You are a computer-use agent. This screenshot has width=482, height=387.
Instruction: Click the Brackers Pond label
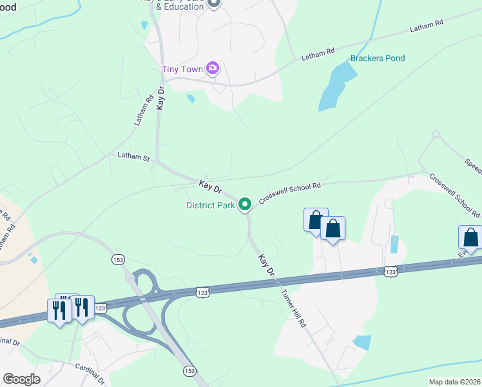[378, 58]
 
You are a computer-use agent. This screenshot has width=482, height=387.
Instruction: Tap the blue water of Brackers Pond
[335, 87]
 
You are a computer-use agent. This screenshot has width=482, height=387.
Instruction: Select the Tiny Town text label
[182, 69]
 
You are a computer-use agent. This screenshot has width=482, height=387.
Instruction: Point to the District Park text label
[209, 206]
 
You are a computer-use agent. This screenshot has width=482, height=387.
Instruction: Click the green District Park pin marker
[245, 204]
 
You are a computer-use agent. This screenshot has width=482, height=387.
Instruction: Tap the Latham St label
[133, 155]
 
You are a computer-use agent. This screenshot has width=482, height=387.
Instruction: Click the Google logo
[21, 379]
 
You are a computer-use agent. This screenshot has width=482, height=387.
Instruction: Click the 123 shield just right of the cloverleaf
[202, 293]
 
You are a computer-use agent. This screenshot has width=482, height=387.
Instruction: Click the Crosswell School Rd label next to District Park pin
[290, 193]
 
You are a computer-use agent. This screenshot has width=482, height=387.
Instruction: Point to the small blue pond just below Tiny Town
[191, 99]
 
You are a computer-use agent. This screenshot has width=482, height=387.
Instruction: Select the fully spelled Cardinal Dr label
[91, 373]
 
